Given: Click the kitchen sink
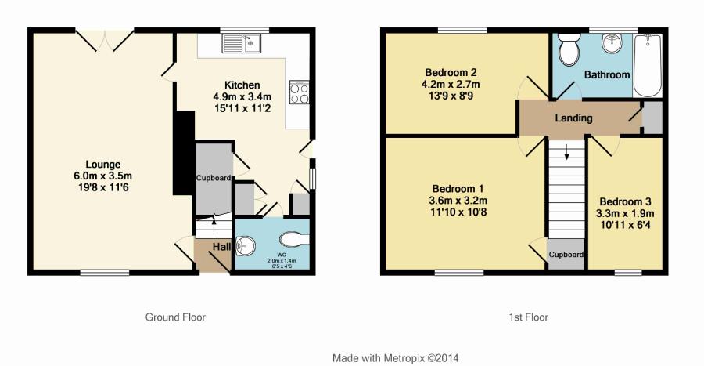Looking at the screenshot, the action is [x=241, y=44].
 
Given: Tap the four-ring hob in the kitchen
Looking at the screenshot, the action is [x=300, y=92].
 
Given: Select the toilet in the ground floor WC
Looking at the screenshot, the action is [x=294, y=239].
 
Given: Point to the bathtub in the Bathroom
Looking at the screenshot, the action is [x=647, y=65].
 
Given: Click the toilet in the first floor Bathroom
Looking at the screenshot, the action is [x=569, y=50].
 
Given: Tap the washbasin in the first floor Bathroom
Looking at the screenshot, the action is [x=612, y=43].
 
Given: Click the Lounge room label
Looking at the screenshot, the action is [x=103, y=165].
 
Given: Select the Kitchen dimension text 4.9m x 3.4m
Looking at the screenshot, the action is [x=242, y=96].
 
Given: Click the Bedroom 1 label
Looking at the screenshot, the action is [x=458, y=189].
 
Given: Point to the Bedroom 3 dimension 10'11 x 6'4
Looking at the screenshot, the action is [x=625, y=225].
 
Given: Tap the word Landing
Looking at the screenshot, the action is [x=574, y=118].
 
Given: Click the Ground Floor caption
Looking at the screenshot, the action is [x=175, y=317].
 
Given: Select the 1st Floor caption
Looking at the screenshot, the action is [x=529, y=317].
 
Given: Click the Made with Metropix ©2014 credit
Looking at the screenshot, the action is [x=396, y=358].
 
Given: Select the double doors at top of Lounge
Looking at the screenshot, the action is [x=105, y=40].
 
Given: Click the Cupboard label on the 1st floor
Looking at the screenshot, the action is [x=566, y=255].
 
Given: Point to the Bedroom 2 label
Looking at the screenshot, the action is [x=451, y=72].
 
